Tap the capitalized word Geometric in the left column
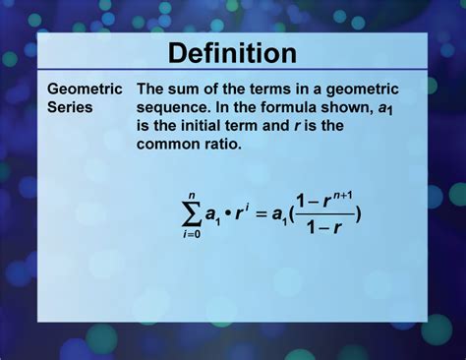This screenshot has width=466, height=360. (x=85, y=89)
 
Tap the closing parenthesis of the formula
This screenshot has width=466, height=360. (x=357, y=214)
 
